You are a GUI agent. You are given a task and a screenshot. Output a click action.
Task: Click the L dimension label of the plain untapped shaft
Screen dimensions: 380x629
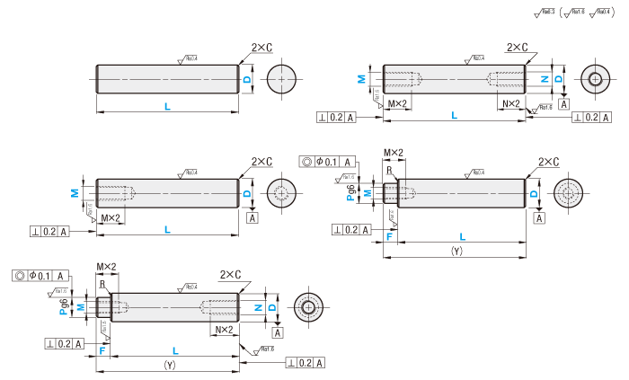pos(167,107)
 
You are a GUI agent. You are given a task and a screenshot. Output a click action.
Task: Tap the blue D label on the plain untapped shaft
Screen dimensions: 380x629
pos(249,79)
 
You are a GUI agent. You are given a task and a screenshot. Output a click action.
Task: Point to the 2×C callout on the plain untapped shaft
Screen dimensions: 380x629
pos(261,48)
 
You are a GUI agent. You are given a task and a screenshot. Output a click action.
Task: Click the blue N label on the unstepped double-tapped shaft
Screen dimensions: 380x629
pos(544,79)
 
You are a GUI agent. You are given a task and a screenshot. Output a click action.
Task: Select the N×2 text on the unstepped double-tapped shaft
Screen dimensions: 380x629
pos(510,104)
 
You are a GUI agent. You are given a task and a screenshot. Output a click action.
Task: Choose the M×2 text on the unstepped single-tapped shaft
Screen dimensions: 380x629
pos(111,218)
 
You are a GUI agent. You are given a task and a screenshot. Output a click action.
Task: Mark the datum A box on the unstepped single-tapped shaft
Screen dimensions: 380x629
pos(252,217)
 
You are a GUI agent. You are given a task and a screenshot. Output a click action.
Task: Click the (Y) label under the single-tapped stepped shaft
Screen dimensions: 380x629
pos(456,252)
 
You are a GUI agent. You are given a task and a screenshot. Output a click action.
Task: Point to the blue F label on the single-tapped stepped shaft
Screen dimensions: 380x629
pos(389,235)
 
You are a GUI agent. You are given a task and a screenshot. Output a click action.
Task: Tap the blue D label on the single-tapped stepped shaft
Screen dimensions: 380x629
pos(535,193)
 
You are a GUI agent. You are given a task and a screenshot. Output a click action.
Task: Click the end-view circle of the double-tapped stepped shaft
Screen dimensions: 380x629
pos(308,307)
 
